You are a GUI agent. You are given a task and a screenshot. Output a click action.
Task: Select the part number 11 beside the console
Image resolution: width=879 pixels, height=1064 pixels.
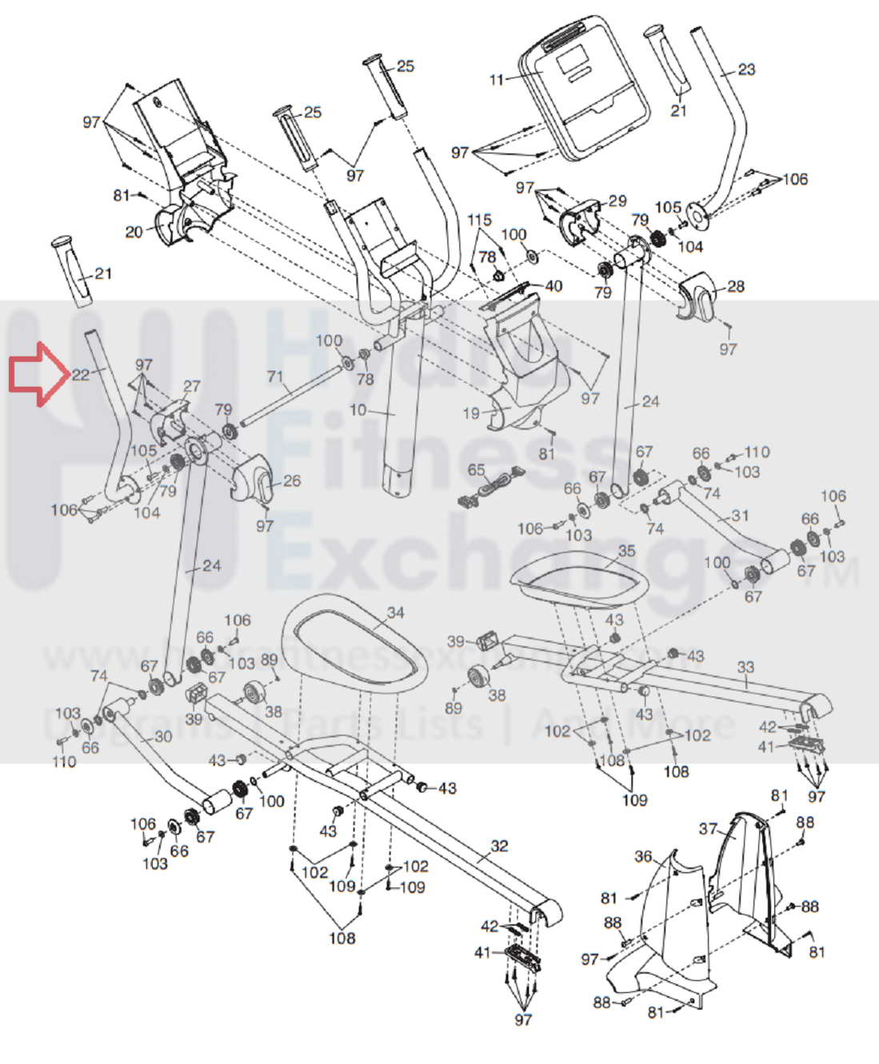497,79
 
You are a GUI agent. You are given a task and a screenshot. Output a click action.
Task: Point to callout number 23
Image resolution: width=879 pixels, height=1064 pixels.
745,70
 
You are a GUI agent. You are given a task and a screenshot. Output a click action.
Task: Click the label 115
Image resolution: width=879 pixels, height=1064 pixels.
479,220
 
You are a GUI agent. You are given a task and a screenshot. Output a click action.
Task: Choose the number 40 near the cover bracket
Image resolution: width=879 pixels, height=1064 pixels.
553,285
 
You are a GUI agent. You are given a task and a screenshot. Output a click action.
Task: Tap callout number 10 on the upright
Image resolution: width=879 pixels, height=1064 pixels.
358,410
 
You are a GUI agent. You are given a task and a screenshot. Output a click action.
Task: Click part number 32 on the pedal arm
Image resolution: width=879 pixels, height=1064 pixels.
499,846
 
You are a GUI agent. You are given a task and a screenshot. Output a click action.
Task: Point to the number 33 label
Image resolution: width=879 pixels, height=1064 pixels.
745,667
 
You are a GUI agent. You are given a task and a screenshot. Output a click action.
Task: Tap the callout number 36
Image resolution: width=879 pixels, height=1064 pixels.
643,856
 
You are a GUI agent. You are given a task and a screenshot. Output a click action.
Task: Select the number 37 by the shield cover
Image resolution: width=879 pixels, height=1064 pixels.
708,828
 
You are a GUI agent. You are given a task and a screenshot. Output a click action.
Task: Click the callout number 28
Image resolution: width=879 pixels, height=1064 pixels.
735,286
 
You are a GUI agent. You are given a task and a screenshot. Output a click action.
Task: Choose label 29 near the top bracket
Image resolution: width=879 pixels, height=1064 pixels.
617,201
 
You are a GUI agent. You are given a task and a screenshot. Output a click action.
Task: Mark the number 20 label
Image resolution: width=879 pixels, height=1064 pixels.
134,232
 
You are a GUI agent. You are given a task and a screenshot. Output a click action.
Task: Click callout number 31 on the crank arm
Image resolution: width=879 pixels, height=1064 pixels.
740,516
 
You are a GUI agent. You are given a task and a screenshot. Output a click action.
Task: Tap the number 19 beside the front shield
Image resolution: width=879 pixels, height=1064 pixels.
471,413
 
